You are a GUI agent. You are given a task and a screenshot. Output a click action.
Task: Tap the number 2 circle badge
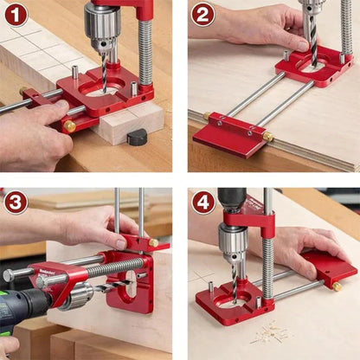tap(202, 15)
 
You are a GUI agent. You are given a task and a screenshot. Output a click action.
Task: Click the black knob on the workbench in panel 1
tap(138, 137)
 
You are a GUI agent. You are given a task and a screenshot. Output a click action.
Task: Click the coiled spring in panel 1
tap(145, 52)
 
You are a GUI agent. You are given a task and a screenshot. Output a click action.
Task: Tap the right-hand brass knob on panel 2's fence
tap(267, 137)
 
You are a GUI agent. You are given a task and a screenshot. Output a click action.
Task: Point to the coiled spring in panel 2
tap(345, 26)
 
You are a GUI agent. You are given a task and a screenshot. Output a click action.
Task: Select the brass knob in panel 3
tap(153, 243)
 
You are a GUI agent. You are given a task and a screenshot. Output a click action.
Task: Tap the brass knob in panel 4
tap(336, 286)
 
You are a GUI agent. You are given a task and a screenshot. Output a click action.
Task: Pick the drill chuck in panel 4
tap(232, 239)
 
